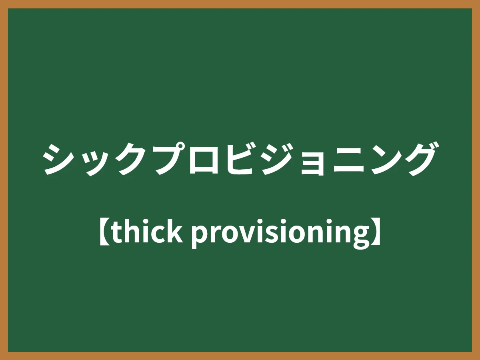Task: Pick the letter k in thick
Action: [176, 231]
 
